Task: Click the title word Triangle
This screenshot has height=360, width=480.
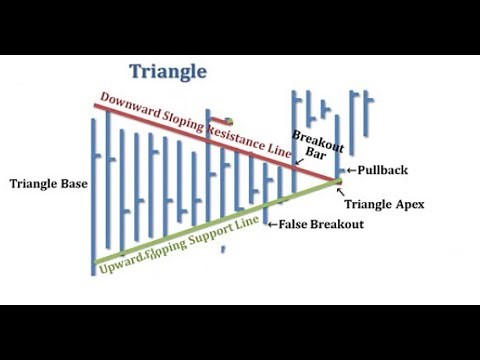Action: (168, 71)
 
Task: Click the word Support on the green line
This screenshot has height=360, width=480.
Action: (221, 229)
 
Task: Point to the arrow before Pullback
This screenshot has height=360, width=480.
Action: (351, 171)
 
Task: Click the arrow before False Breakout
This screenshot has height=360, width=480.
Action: (272, 225)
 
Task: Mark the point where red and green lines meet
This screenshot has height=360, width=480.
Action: (337, 182)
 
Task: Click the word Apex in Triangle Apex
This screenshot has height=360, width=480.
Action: (411, 204)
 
